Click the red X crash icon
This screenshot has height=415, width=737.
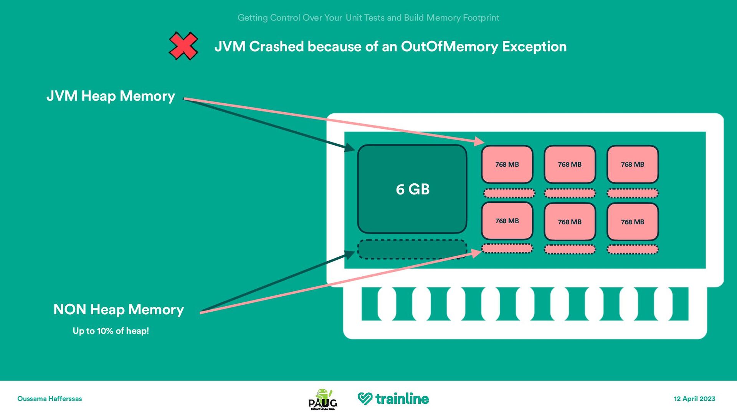(183, 46)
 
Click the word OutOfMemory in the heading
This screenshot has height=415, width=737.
(449, 46)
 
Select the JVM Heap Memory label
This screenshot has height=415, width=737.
(111, 96)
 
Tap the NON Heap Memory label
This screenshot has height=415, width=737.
(119, 309)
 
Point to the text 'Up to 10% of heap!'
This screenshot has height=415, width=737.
(111, 331)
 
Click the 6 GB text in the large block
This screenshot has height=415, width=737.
(413, 189)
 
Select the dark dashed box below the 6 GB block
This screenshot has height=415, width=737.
(412, 249)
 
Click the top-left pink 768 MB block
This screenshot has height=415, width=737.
(507, 164)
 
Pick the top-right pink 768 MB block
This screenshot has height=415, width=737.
(633, 164)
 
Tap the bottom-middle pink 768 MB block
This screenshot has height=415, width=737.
(570, 222)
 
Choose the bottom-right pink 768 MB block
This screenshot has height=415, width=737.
(633, 222)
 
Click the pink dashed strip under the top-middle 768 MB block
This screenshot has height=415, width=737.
(570, 193)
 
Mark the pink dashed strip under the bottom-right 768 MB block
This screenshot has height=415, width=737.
(633, 249)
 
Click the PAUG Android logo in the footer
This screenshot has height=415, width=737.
(323, 399)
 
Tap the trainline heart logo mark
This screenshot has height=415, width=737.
(365, 398)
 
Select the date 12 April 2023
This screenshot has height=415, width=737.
(694, 398)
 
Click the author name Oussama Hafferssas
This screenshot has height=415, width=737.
(50, 398)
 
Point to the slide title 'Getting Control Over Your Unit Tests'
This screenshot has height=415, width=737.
(368, 18)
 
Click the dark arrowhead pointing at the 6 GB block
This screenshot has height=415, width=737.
(350, 147)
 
